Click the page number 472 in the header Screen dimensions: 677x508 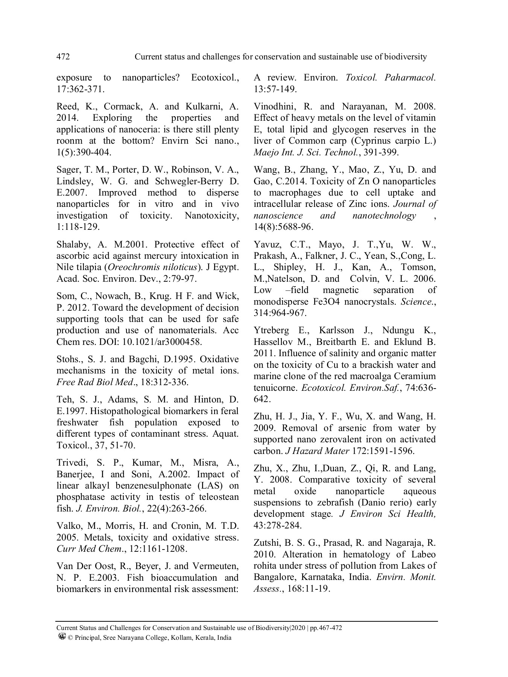(x=63, y=57)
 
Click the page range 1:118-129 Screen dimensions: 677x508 (x=78, y=227)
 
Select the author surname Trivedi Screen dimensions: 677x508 (x=71, y=463)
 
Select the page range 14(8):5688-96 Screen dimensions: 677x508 (x=283, y=227)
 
